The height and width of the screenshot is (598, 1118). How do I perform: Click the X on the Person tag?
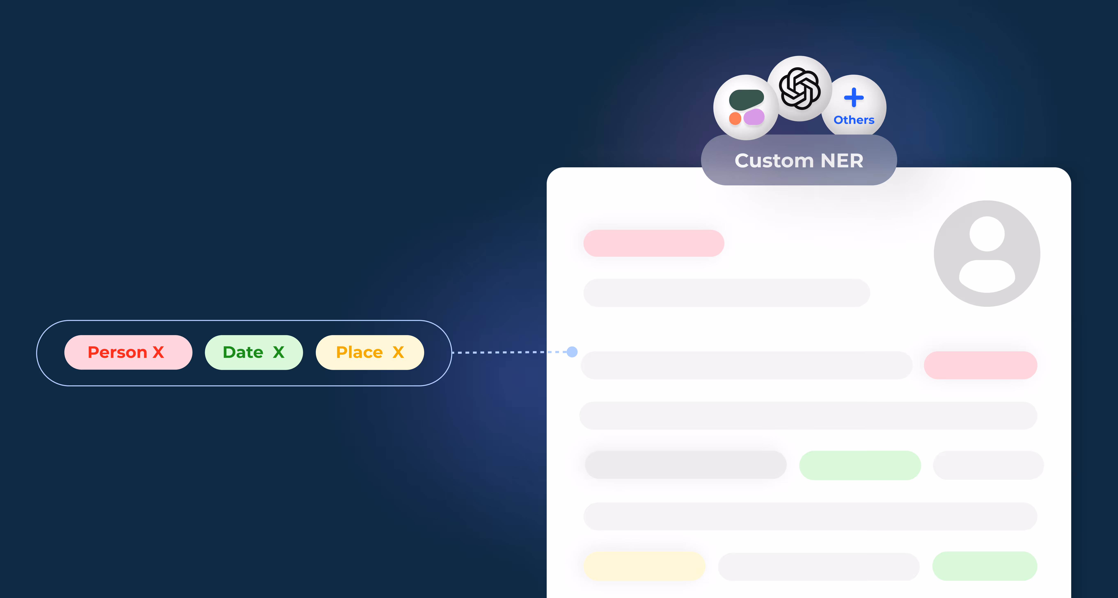[158, 352]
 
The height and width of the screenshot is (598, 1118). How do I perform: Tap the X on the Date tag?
[279, 352]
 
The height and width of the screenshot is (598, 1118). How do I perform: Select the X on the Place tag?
[398, 352]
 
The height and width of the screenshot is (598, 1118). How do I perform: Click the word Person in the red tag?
[117, 352]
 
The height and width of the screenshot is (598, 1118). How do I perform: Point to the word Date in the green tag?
[243, 352]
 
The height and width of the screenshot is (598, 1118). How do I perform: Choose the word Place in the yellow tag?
[359, 352]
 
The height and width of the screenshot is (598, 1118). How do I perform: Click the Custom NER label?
[798, 160]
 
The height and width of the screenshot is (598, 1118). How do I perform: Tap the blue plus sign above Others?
[854, 98]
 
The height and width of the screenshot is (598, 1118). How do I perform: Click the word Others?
[854, 120]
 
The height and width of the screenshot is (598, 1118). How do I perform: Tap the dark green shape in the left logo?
[746, 99]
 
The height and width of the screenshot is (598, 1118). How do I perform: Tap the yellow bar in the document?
[644, 566]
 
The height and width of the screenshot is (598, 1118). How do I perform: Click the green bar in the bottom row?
[984, 566]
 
